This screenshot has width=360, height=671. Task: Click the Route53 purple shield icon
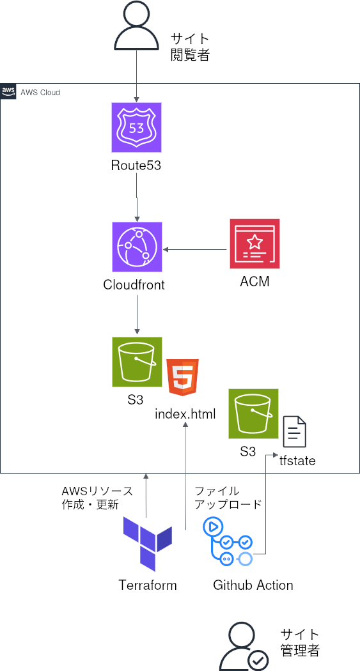point(136,128)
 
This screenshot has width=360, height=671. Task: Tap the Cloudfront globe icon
point(137,247)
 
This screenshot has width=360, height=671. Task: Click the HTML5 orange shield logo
point(182,378)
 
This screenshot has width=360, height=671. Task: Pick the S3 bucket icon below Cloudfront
point(137,362)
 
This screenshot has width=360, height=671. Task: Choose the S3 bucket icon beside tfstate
point(254,413)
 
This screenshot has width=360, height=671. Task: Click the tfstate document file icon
point(295,431)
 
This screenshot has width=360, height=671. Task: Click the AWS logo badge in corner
point(8,91)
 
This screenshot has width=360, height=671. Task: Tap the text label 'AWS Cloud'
point(40,93)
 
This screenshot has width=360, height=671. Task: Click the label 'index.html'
point(185,414)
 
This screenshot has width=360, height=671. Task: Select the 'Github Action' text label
point(253,585)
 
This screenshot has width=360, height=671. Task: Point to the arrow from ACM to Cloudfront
point(196,249)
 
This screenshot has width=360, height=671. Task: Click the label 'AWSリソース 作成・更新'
point(97,497)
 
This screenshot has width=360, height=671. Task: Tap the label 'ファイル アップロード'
point(228,497)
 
